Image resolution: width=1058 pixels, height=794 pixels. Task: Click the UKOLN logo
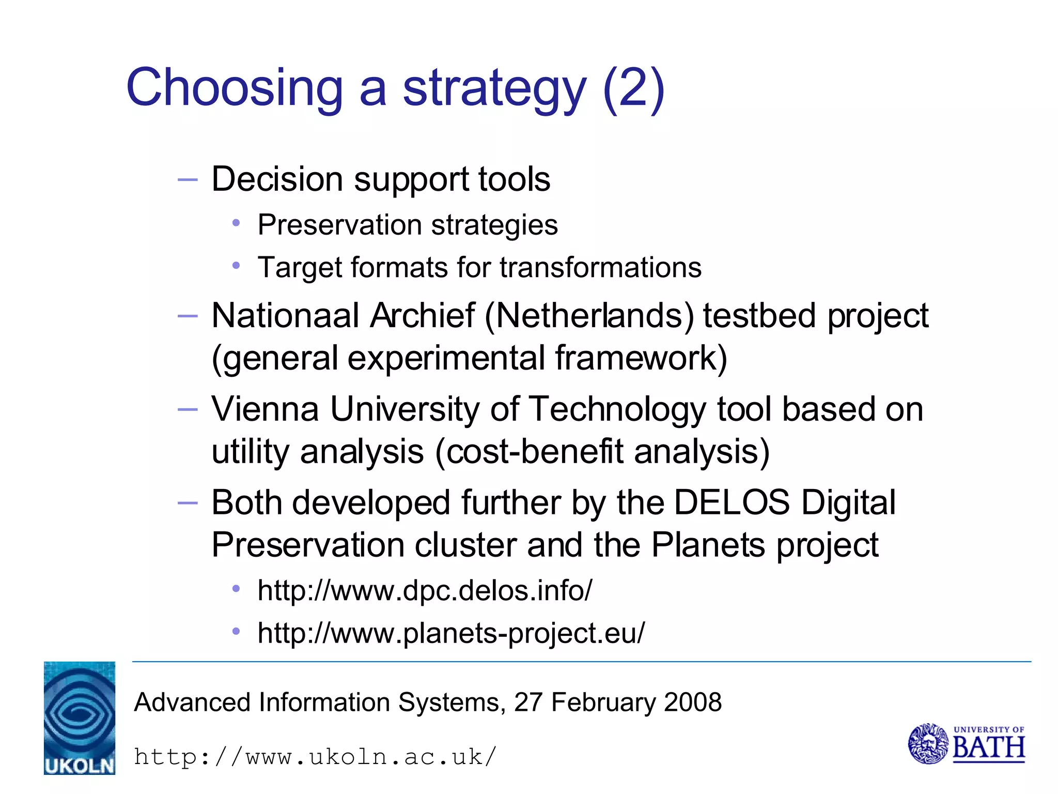tap(80, 717)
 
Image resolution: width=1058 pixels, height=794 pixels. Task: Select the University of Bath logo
tap(967, 744)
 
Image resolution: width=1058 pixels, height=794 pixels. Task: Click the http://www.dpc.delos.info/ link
tap(425, 590)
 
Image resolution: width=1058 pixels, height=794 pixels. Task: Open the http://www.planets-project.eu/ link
tap(451, 633)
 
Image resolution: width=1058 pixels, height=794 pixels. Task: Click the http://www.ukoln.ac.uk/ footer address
tap(315, 757)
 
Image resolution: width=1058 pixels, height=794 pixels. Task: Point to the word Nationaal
tap(285, 316)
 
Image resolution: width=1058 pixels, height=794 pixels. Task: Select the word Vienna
tap(265, 409)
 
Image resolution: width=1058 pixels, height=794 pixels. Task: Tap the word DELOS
tap(732, 502)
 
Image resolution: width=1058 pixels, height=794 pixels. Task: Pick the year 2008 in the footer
tap(693, 703)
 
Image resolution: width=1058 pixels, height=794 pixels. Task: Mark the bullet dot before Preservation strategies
tap(236, 223)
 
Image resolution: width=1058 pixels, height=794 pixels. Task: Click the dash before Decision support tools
tap(188, 180)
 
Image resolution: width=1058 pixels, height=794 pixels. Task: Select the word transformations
tap(600, 268)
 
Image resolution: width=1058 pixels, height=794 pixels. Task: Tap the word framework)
tap(641, 358)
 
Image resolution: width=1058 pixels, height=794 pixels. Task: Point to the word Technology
tap(617, 409)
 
